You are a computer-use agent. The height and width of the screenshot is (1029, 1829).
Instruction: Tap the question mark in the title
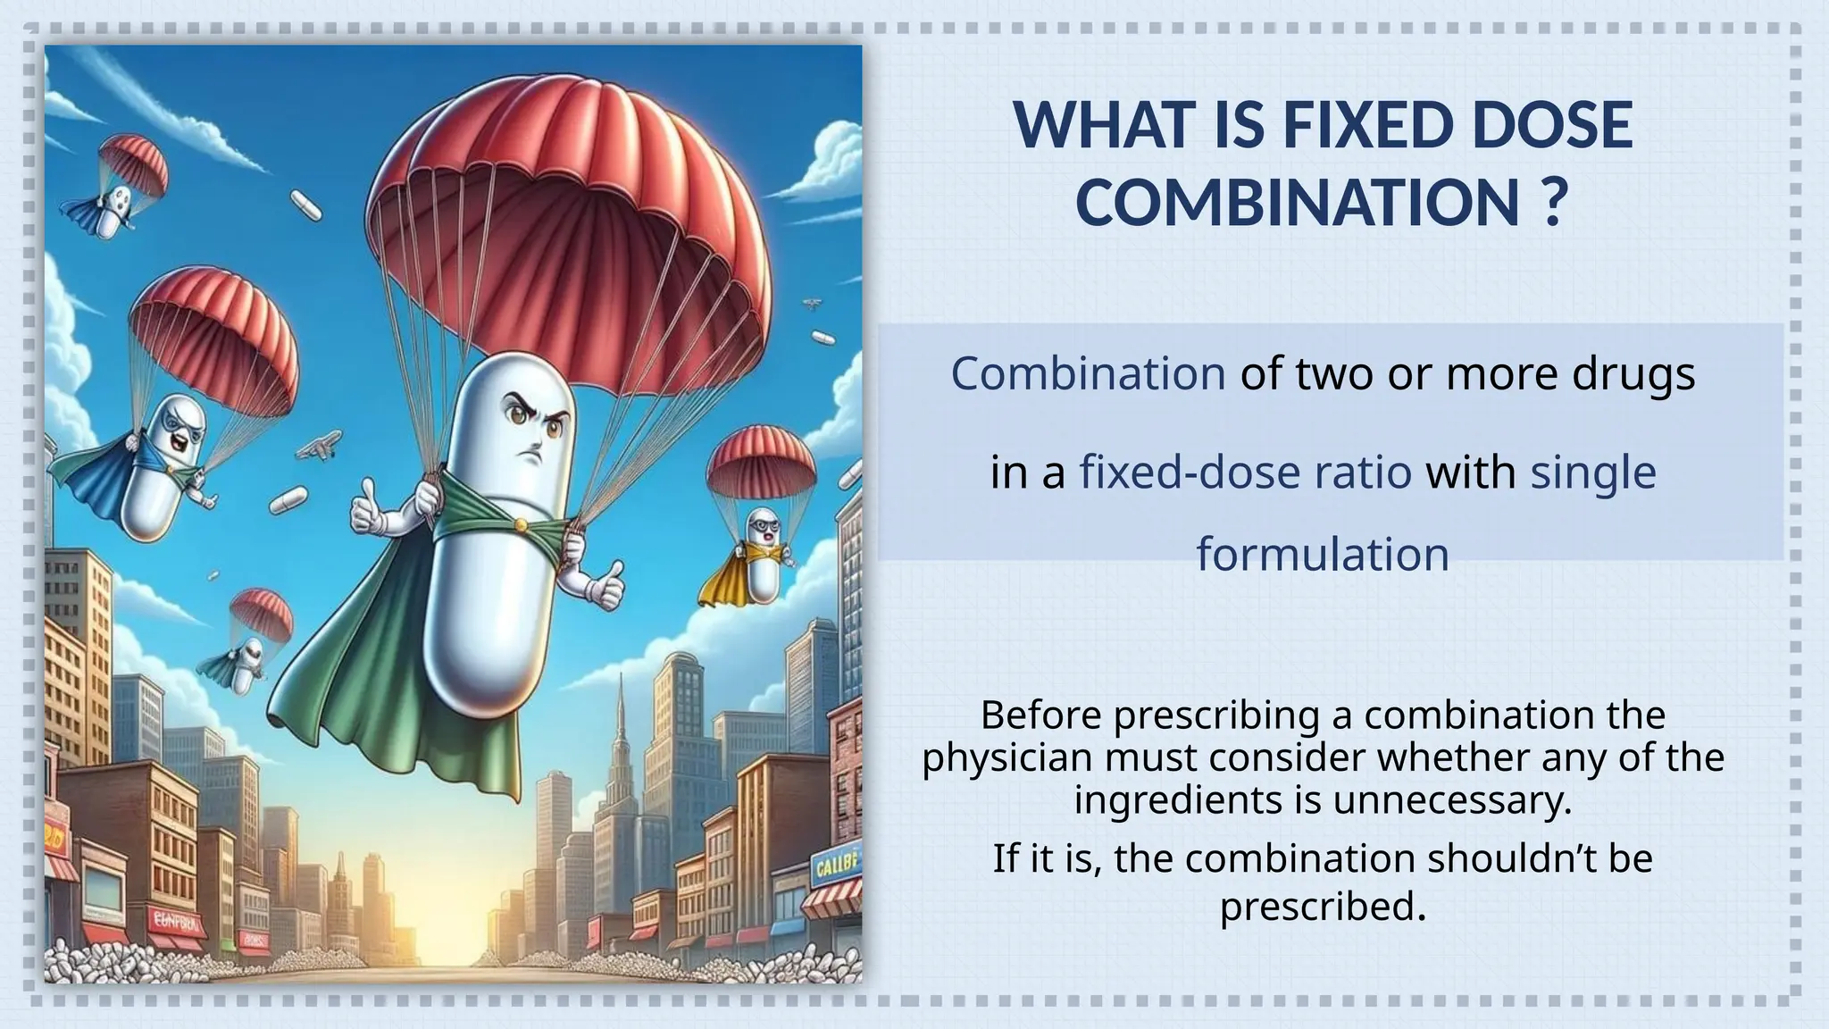[x=1554, y=203]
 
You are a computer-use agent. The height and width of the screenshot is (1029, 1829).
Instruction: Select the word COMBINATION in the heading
[x=1298, y=203]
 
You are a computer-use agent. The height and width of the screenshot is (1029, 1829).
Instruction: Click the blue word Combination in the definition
[x=1087, y=373]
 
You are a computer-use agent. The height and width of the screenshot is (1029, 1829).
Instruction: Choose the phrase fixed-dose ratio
[x=1246, y=472]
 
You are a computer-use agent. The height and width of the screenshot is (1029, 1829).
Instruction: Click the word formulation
[x=1322, y=554]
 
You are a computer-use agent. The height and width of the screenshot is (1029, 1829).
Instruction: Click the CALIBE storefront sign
[x=837, y=864]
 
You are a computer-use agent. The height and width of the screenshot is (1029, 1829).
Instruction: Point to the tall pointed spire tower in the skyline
[x=619, y=741]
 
